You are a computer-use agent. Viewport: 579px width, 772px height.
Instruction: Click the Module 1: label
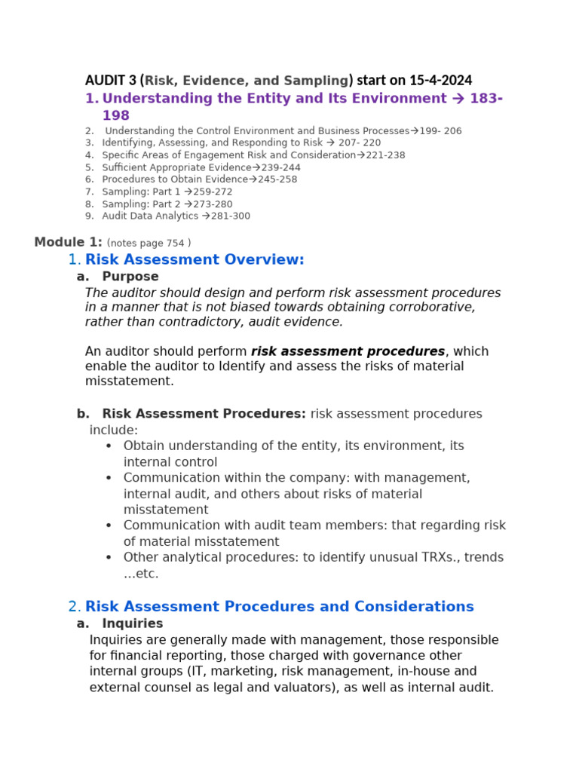(68, 242)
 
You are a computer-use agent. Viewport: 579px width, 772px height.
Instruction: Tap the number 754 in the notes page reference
(175, 243)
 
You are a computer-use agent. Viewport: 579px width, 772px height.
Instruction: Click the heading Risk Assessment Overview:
(195, 259)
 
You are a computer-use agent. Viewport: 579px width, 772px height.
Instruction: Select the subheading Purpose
(130, 277)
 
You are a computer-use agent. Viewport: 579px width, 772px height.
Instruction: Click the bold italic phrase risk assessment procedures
(348, 351)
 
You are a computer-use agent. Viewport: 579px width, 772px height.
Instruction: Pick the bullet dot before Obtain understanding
(109, 446)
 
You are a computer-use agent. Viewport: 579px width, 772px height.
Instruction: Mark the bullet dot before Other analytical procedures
(109, 557)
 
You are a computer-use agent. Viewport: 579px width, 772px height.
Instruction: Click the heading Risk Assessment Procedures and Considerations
(279, 606)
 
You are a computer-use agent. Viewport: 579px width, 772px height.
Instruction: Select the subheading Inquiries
(133, 623)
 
